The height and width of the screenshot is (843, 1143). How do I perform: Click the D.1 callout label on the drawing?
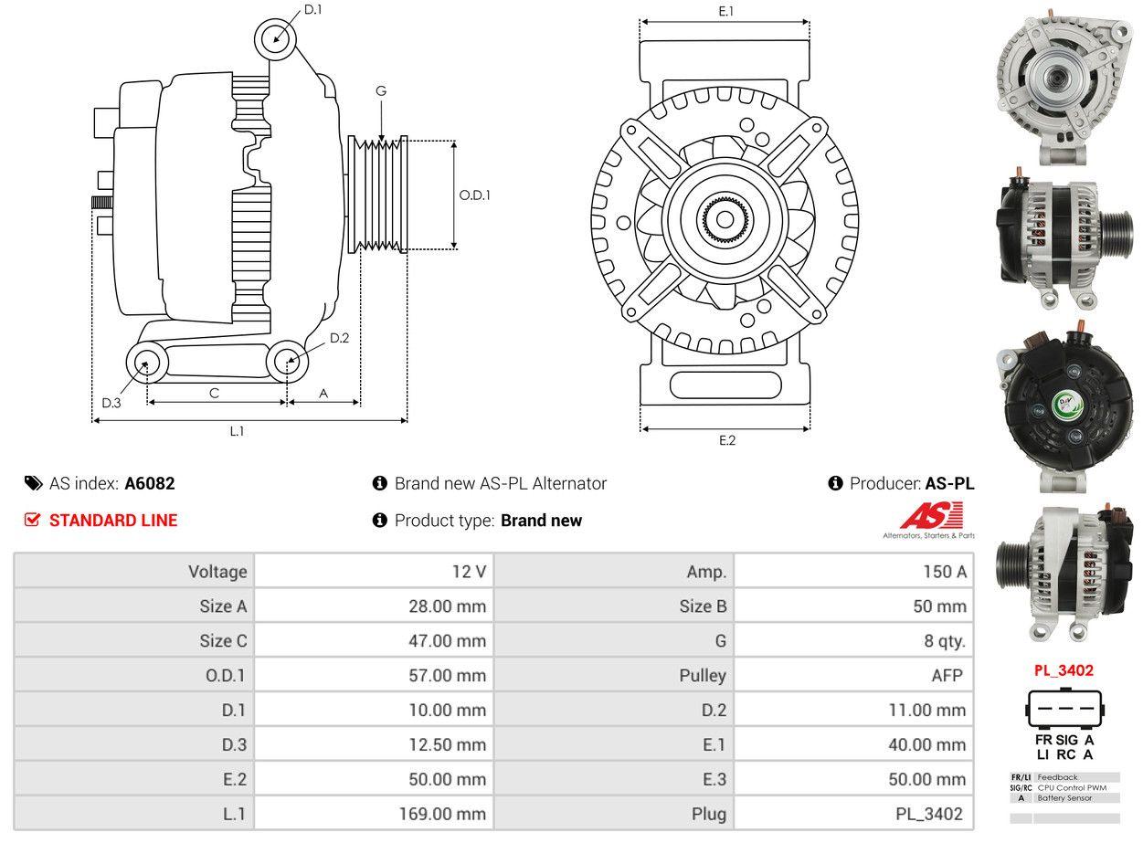pyautogui.click(x=312, y=9)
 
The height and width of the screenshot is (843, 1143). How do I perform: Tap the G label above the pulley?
pyautogui.click(x=380, y=90)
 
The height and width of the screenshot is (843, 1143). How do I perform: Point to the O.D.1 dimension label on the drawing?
pyautogui.click(x=474, y=195)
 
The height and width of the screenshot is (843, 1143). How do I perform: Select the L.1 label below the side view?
pyautogui.click(x=237, y=431)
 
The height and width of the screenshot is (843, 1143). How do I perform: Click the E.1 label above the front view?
pyautogui.click(x=725, y=11)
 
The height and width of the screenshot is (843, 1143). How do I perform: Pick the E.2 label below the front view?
pyautogui.click(x=726, y=440)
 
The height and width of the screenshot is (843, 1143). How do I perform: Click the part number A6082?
pyautogui.click(x=150, y=483)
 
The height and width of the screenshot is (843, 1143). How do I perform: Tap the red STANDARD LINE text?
pyautogui.click(x=113, y=520)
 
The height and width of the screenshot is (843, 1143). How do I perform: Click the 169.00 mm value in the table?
pyautogui.click(x=442, y=814)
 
